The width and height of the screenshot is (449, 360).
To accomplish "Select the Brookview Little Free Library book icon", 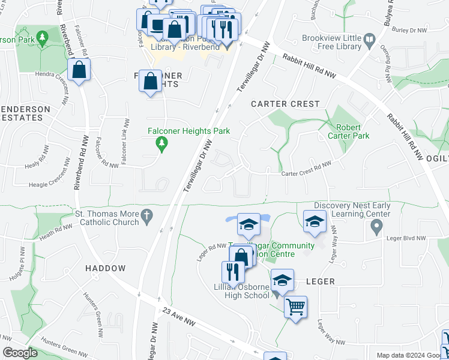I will pyautogui.click(x=369, y=41).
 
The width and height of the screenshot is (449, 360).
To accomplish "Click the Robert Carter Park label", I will pyautogui.click(x=353, y=131).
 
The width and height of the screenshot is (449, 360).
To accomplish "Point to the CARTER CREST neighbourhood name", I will pyautogui.click(x=285, y=104).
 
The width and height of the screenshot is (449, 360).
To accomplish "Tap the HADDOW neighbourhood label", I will pyautogui.click(x=105, y=268).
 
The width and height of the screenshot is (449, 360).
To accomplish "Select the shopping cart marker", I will pyautogui.click(x=295, y=307).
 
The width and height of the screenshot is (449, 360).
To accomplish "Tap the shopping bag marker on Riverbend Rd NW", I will pyautogui.click(x=79, y=70).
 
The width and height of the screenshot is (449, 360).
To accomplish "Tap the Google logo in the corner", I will pyautogui.click(x=20, y=353).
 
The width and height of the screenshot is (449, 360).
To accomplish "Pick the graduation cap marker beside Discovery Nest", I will pyautogui.click(x=315, y=222).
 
